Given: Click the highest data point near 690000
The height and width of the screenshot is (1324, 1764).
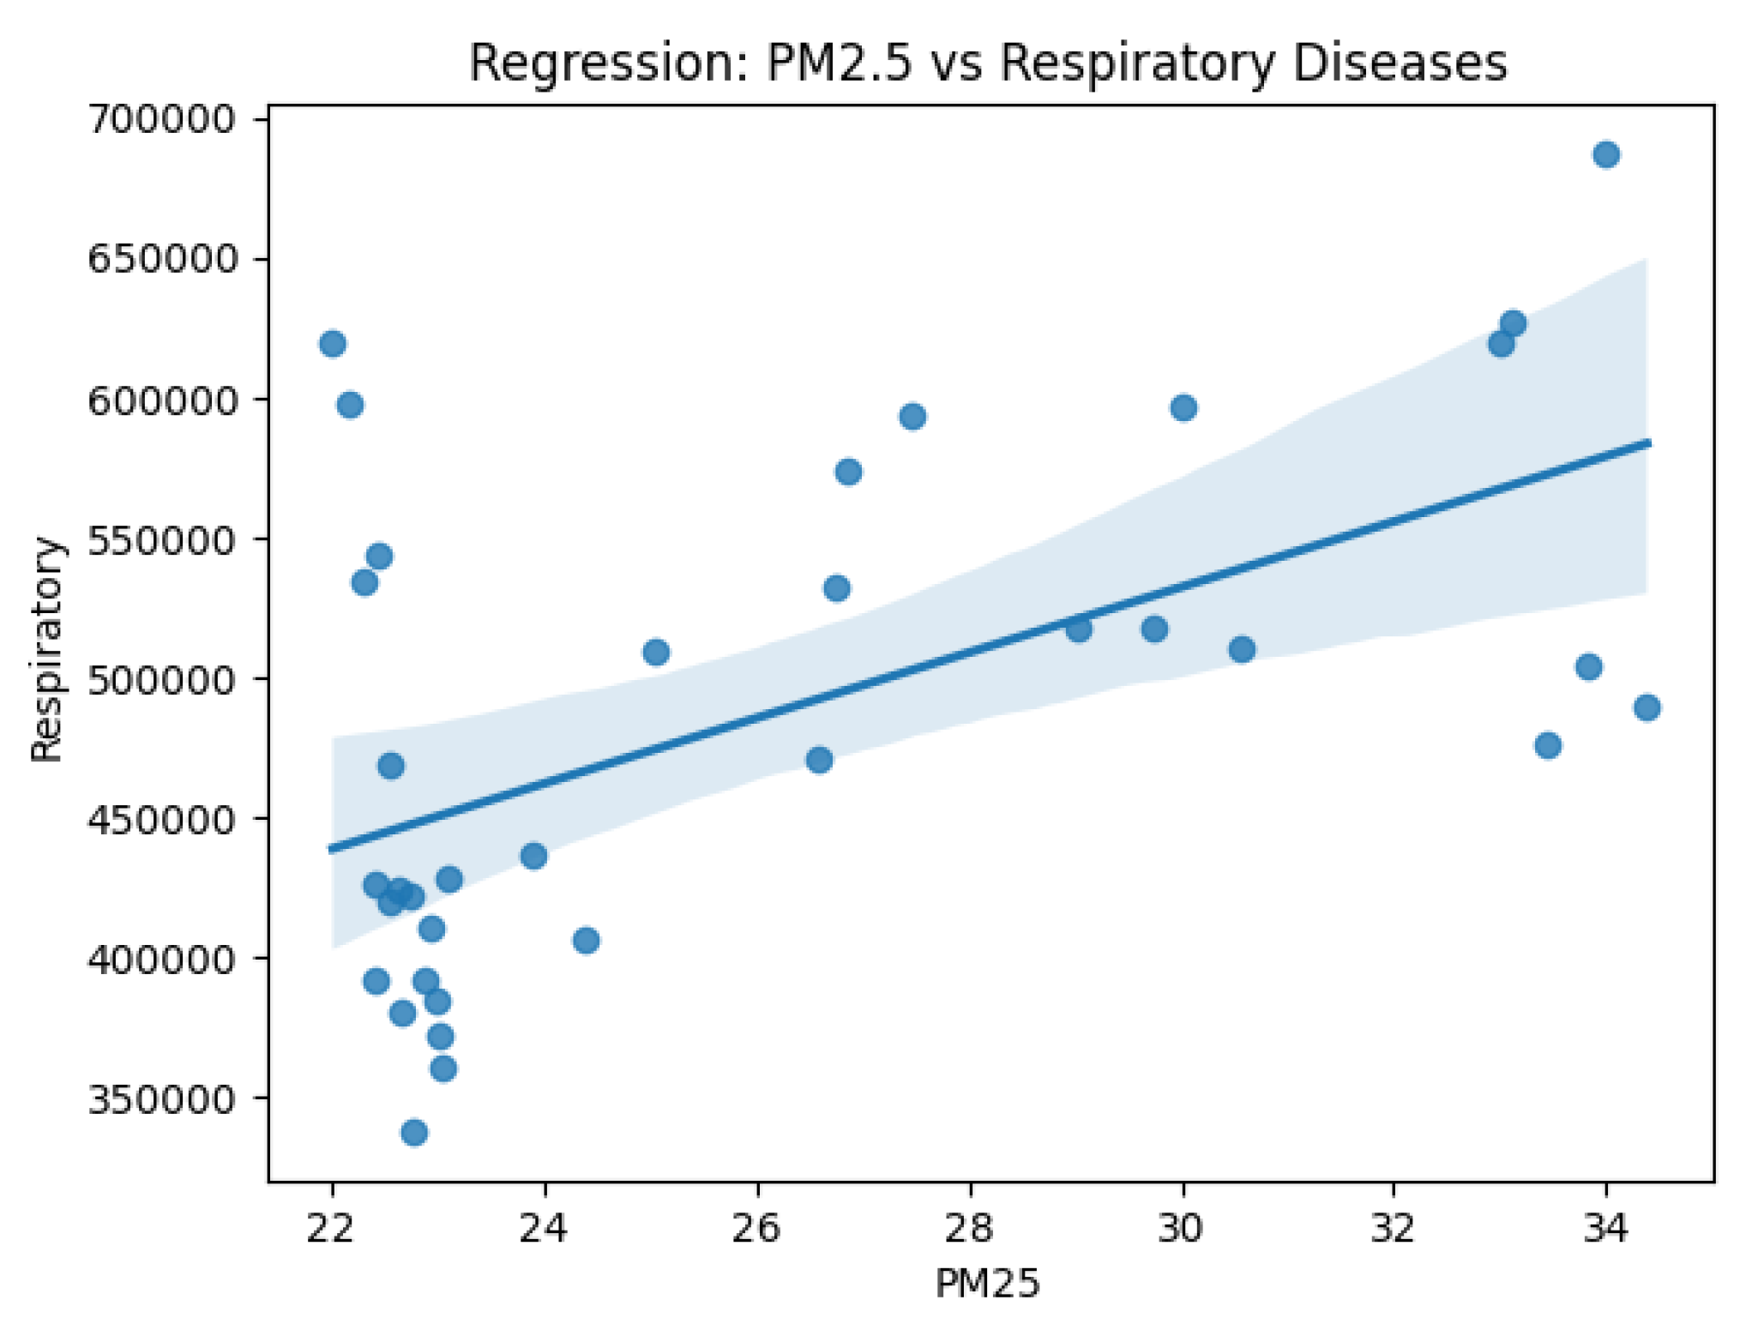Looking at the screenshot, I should pos(1606,155).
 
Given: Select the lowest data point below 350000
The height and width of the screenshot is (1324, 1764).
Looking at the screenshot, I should pos(414,1133).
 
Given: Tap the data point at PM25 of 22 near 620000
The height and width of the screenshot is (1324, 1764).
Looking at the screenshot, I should pos(333,344).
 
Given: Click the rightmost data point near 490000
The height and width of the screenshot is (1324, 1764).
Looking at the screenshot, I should pos(1647,707).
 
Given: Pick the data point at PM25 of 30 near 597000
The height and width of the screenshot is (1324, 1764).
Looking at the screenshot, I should pos(1183,407).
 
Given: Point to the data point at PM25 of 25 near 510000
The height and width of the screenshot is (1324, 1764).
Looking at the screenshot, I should pos(656,653).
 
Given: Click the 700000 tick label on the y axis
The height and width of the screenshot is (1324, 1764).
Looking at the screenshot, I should pos(161,119).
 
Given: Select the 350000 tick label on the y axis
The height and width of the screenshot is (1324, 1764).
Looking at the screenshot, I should pos(161,1098).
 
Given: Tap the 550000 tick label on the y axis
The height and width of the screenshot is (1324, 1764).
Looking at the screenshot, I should pos(161,539).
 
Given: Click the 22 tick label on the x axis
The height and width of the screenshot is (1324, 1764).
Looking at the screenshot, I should pos(331,1229).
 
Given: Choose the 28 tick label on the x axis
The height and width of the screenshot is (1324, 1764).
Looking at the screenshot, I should pos(969,1229).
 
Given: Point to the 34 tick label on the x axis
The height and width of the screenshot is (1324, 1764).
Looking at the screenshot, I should pos(1605,1229).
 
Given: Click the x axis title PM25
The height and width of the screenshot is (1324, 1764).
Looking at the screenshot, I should pos(988,1284).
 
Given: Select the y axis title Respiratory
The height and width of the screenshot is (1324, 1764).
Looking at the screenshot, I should pos(47,649).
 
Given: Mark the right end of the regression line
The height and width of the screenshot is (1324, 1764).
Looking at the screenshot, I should pos(1648,442).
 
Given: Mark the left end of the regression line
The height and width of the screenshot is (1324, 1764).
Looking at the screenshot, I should pos(331,849).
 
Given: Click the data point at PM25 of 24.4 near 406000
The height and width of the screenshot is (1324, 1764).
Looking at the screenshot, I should pos(587,941).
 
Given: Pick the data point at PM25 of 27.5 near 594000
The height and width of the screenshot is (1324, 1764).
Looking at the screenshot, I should pos(912,417).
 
